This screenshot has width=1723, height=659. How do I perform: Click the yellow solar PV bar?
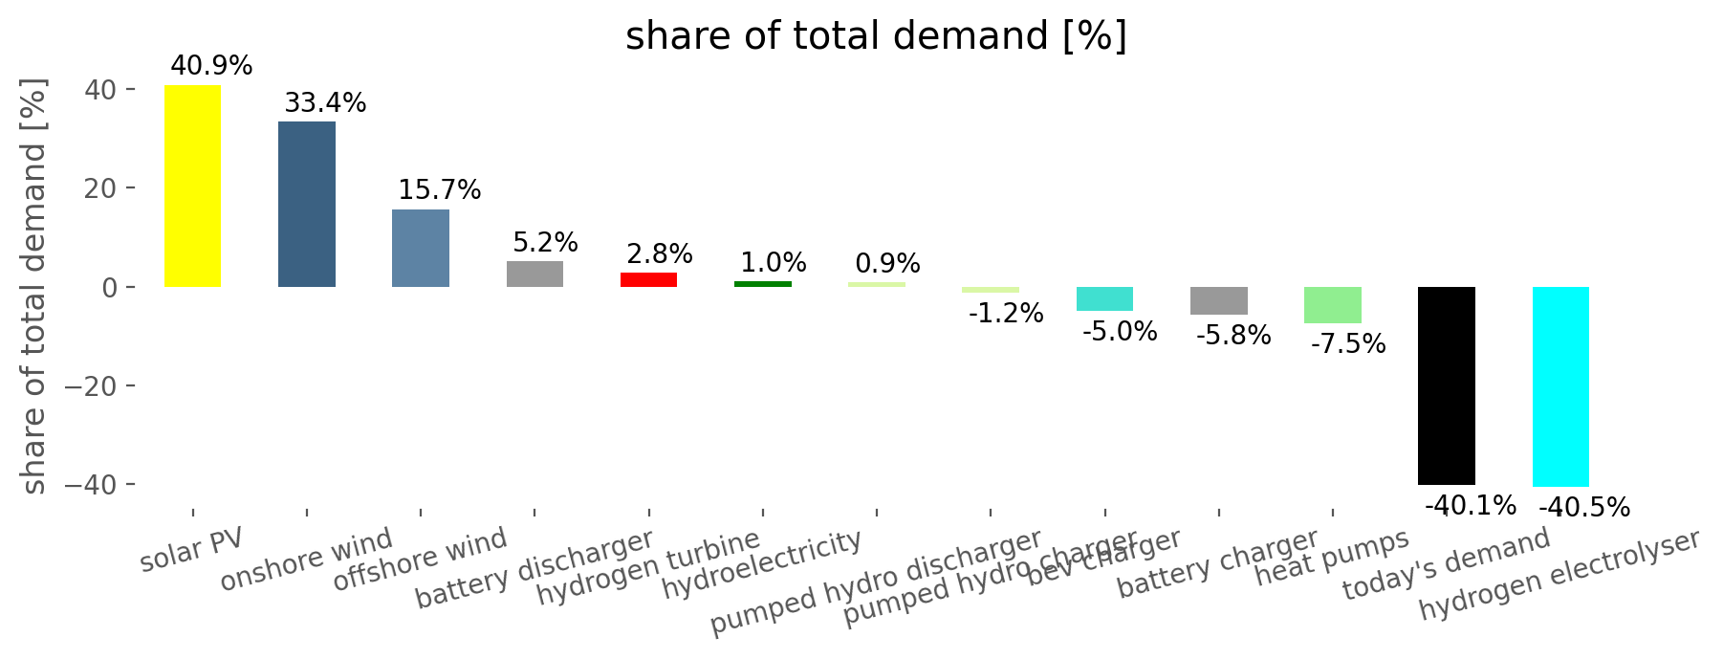pyautogui.click(x=192, y=186)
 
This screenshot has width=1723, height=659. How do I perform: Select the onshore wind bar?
pyautogui.click(x=307, y=204)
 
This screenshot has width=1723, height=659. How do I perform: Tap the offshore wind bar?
pyautogui.click(x=421, y=248)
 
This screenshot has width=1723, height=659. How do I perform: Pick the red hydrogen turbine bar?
pyautogui.click(x=648, y=279)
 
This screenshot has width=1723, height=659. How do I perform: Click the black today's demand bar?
pyautogui.click(x=1446, y=385)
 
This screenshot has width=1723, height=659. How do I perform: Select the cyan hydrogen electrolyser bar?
pyautogui.click(x=1560, y=386)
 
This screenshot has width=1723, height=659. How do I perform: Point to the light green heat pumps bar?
pyautogui.click(x=1332, y=305)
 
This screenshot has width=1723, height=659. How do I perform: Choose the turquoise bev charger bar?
pyautogui.click(x=1104, y=298)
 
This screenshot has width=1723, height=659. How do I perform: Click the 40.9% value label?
pyautogui.click(x=211, y=66)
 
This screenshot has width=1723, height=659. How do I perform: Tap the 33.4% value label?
pyautogui.click(x=325, y=102)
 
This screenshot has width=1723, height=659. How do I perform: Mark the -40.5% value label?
pyautogui.click(x=1583, y=508)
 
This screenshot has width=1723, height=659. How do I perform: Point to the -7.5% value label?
pyautogui.click(x=1347, y=344)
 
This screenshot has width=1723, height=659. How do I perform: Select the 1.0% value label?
pyautogui.click(x=773, y=263)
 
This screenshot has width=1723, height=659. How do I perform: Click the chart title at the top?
pyautogui.click(x=876, y=36)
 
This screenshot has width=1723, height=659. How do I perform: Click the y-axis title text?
pyautogui.click(x=34, y=287)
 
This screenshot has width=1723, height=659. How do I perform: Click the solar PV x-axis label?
pyautogui.click(x=191, y=550)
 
